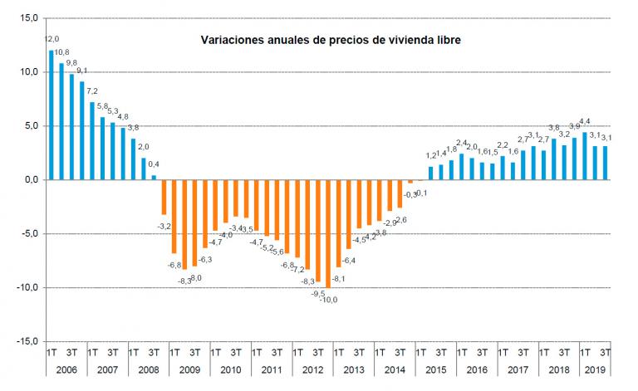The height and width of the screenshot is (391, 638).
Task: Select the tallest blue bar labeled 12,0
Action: tap(52, 115)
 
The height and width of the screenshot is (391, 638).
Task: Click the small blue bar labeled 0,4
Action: tap(154, 177)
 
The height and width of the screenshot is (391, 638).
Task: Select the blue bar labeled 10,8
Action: tap(61, 121)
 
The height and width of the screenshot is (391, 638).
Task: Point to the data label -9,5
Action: tap(317, 293)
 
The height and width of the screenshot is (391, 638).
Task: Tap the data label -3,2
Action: tap(164, 225)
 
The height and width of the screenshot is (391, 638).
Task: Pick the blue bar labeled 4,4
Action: tap(585, 156)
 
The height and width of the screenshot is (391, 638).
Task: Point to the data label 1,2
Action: tap(431, 155)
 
